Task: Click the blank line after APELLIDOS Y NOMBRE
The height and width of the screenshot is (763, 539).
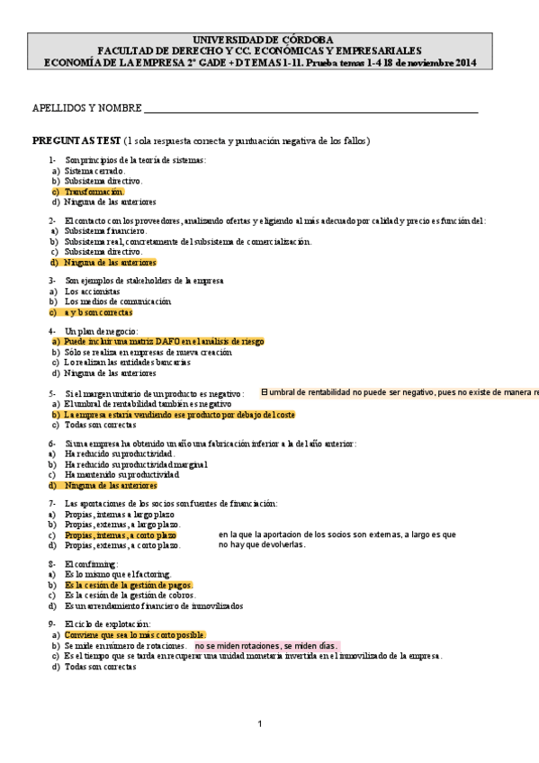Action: point(310,109)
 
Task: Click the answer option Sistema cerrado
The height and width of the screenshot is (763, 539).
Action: point(94,170)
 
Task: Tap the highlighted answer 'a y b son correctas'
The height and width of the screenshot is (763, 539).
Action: point(98,312)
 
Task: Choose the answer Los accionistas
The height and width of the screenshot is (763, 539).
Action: point(92,292)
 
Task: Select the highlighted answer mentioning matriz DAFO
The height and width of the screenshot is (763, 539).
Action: point(164,342)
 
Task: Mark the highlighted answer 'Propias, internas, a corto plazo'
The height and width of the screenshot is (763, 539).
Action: point(120,534)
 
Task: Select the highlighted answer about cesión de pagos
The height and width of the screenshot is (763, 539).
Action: point(129,585)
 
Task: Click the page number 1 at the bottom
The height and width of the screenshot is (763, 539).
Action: point(259,724)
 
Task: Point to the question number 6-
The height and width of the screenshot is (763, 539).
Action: point(52,444)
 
